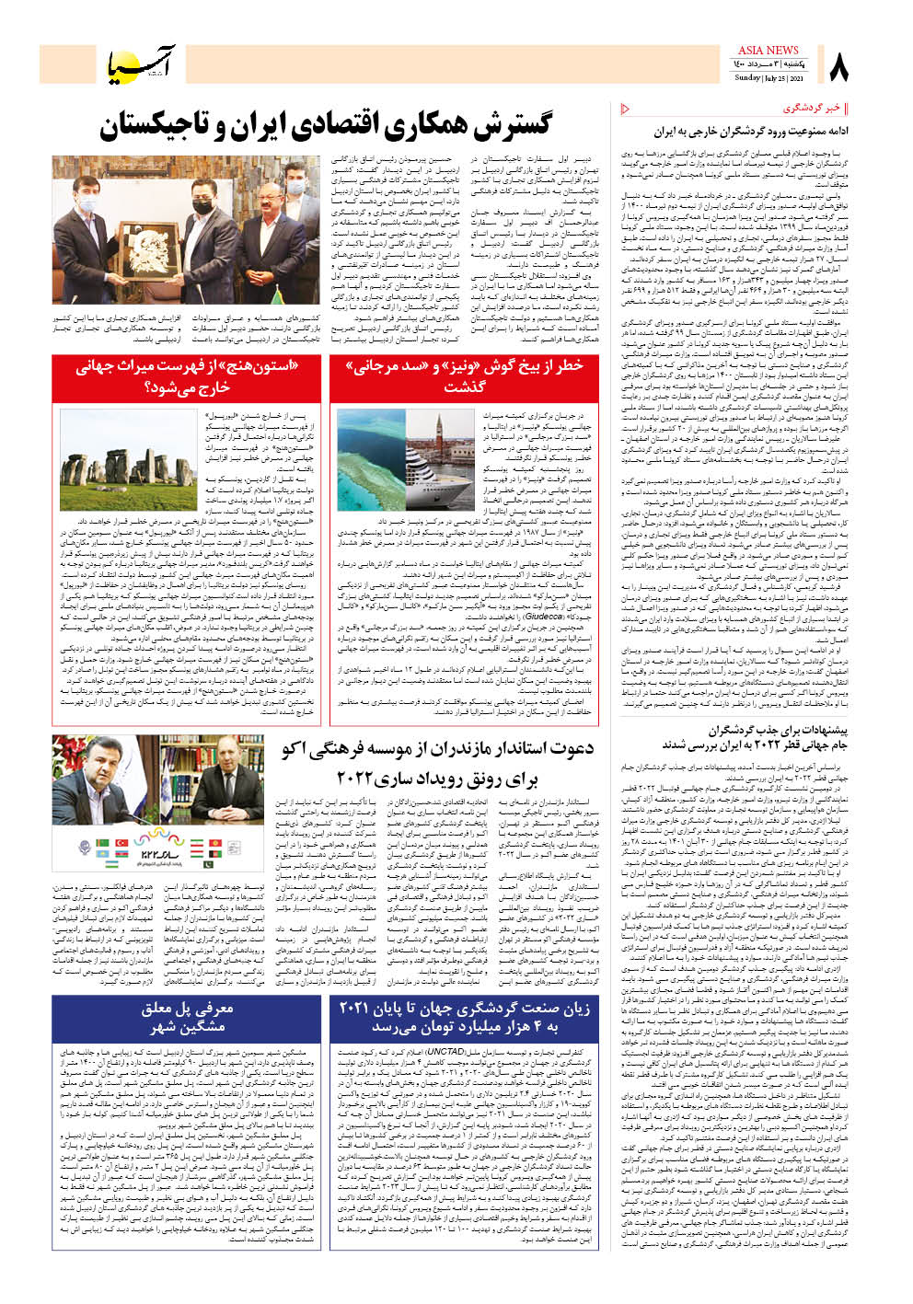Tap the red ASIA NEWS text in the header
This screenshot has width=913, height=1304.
pos(768,51)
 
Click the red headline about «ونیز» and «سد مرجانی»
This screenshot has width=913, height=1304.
pos(464,376)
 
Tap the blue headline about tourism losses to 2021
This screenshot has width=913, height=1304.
pos(464,1018)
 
